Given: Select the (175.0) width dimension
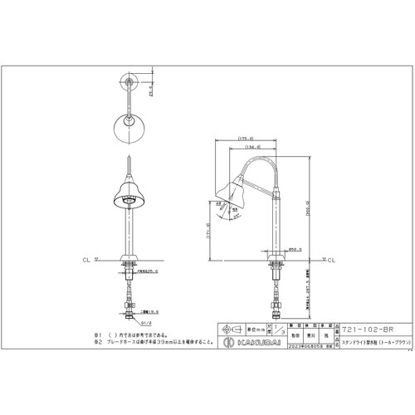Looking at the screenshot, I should pos(245,138).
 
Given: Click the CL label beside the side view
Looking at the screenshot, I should pos(328,260).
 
